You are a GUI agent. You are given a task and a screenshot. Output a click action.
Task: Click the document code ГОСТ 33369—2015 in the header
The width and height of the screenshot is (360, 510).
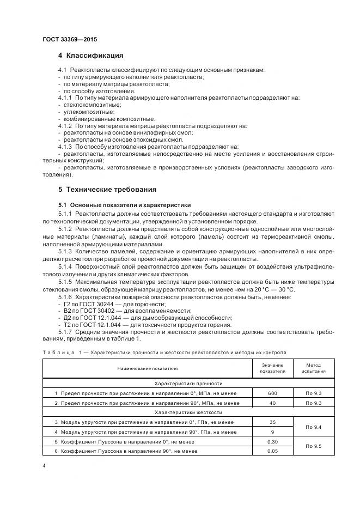click(69, 39)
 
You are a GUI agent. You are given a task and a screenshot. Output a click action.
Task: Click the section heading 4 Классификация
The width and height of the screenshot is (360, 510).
click(90, 56)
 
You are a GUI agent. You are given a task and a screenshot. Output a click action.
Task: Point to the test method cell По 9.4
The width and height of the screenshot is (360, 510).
click(314, 427)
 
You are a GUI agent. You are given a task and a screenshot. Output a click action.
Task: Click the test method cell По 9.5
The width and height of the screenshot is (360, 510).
click(314, 446)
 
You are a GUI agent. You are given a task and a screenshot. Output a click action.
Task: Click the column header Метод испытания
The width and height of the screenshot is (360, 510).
click(314, 369)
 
